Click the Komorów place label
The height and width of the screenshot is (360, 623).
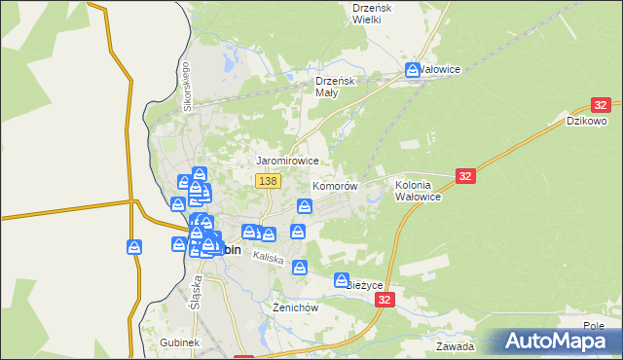coord(335,185)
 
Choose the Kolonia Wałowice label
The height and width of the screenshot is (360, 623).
coord(419,190)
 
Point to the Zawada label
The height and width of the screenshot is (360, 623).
coord(456,346)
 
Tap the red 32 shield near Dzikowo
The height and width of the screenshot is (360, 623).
coord(600,105)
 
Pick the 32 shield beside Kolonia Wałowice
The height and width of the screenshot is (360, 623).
coord(465,175)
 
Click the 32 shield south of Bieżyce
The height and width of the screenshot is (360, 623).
coord(386,302)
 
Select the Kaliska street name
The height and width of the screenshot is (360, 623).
coord(267,258)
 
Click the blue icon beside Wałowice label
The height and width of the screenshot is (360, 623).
coord(413,70)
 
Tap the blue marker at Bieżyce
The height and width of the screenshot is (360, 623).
coord(342,281)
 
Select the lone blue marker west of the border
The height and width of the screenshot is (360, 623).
coord(134,247)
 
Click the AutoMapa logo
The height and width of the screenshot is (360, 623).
coord(561,341)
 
